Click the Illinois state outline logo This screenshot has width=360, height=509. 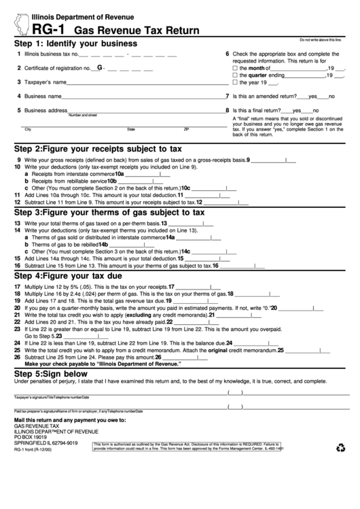20,23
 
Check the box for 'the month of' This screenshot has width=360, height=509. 235,68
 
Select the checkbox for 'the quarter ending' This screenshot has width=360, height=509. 235,75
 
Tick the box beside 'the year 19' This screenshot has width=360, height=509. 235,82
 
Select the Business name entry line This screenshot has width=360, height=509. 136,97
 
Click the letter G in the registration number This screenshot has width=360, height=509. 100,67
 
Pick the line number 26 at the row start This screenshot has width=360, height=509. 17,356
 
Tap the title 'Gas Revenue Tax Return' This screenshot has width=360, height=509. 136,31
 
